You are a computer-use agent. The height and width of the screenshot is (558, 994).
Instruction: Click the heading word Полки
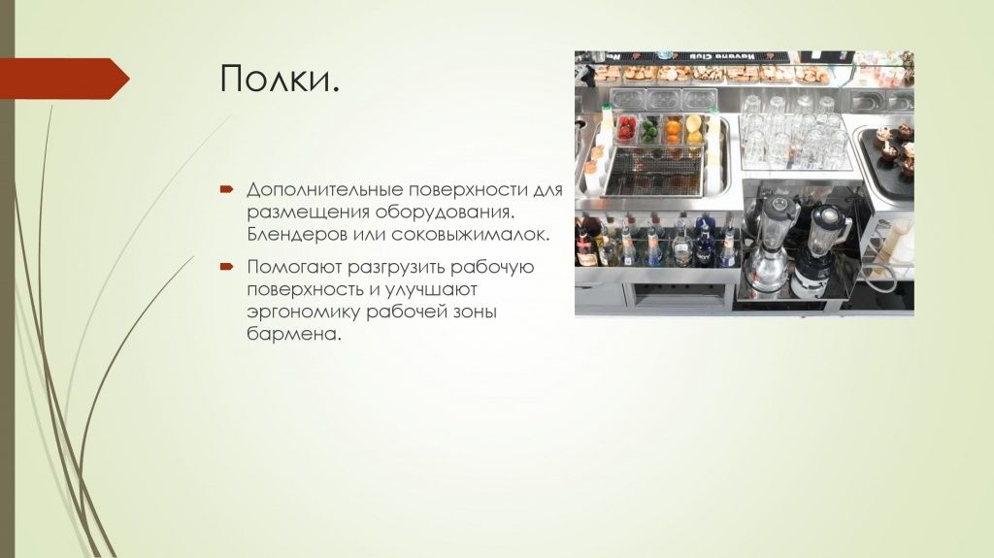pyautogui.click(x=280, y=79)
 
